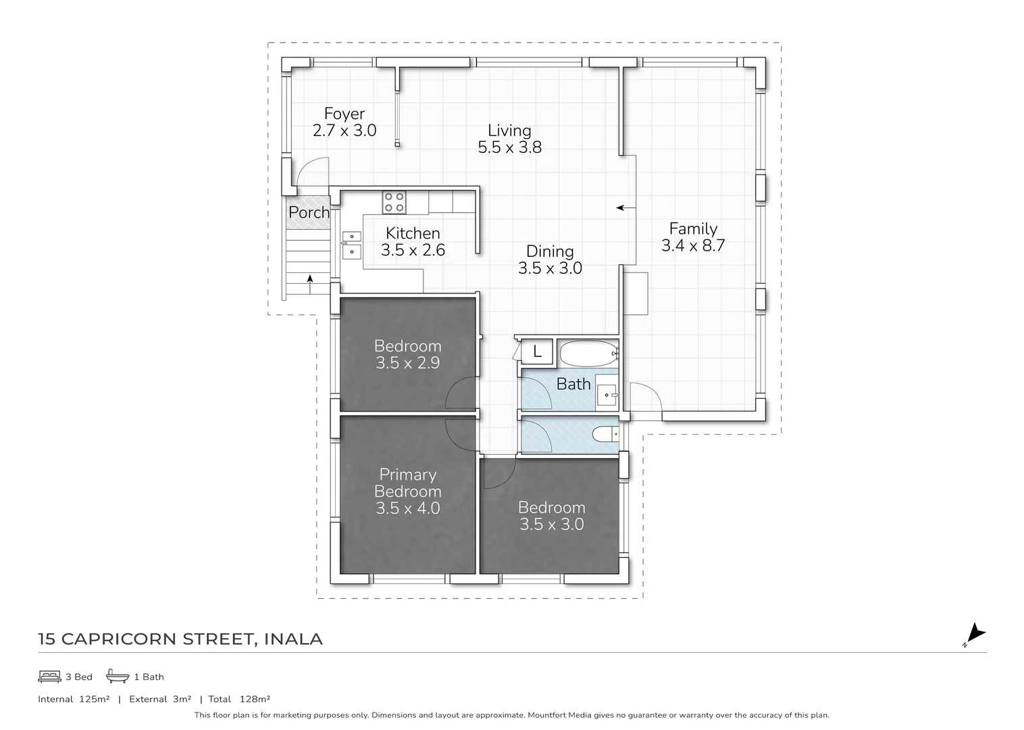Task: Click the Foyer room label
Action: click(x=344, y=114)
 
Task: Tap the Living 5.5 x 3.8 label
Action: click(x=509, y=139)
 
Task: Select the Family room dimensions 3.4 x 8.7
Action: click(x=693, y=246)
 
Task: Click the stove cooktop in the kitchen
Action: click(x=394, y=201)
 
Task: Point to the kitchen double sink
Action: click(x=351, y=245)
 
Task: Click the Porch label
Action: click(x=309, y=212)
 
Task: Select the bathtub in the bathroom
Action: click(x=586, y=353)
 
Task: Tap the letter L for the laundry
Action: click(x=537, y=352)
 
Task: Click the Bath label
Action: click(x=573, y=384)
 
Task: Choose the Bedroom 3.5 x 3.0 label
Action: click(x=551, y=516)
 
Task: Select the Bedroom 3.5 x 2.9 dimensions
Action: click(x=407, y=363)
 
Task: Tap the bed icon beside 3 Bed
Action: click(x=49, y=676)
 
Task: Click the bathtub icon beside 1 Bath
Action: click(x=118, y=676)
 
